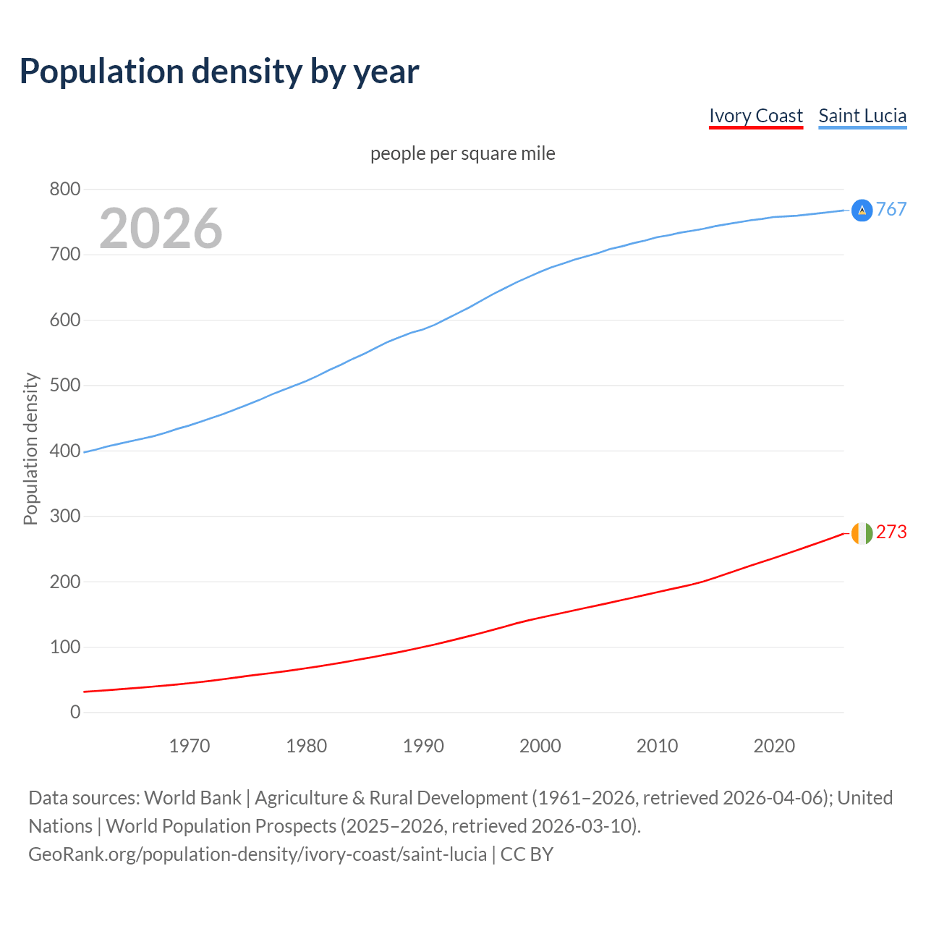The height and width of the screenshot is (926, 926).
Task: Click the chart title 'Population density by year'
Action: [219, 71]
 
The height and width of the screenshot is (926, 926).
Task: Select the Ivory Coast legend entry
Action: [755, 116]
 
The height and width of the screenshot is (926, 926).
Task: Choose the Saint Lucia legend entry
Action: [862, 116]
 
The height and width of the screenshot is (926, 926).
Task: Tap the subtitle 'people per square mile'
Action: [462, 153]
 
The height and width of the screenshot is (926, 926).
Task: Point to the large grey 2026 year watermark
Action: [161, 229]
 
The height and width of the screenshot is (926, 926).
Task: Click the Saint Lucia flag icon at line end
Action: [862, 210]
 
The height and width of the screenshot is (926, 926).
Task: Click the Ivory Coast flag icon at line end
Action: [862, 532]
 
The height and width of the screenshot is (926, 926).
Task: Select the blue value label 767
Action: [891, 209]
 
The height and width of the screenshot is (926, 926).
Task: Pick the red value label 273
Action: [891, 532]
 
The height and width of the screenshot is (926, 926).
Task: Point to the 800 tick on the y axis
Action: [65, 190]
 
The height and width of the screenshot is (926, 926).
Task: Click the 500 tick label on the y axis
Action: [65, 386]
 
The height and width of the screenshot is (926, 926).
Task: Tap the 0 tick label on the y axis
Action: [75, 713]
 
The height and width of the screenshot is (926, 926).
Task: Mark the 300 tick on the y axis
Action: [65, 517]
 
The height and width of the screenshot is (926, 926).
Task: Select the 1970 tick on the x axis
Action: [190, 746]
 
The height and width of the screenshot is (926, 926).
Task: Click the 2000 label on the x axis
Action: [540, 746]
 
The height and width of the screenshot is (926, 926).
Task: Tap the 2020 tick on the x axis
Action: [774, 746]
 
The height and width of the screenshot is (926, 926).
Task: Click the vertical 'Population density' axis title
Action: [30, 449]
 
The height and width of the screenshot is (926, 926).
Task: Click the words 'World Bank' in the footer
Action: [192, 798]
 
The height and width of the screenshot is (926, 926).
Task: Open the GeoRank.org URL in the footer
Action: [258, 854]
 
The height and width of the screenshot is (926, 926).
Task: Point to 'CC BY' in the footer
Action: [527, 854]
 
